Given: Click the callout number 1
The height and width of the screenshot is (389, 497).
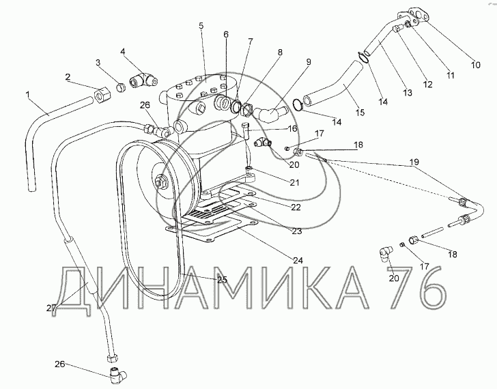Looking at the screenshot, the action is pyautogui.click(x=28, y=94).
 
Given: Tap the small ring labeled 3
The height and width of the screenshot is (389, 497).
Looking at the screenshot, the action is pyautogui.click(x=120, y=87).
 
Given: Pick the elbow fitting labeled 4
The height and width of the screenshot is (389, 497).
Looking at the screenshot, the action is pyautogui.click(x=143, y=80).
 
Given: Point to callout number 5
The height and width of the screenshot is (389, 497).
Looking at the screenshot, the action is pyautogui.click(x=201, y=25).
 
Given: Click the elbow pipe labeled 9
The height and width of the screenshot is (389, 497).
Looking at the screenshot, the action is pyautogui.click(x=271, y=113).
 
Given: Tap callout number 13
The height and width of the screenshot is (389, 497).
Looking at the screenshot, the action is pyautogui.click(x=408, y=93).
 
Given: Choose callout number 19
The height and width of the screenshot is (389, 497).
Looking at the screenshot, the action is pyautogui.click(x=414, y=162).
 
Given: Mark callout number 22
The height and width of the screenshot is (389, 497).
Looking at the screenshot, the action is pyautogui.click(x=296, y=207).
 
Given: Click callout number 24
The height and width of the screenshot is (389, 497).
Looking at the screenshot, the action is pyautogui.click(x=298, y=261).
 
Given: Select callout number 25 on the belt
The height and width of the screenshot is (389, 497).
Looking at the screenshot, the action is pyautogui.click(x=222, y=280).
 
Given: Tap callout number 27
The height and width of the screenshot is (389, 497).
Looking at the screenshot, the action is pyautogui.click(x=51, y=308).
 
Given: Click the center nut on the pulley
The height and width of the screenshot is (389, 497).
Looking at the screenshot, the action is pyautogui.click(x=160, y=182).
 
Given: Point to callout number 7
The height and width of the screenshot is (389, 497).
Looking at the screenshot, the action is pyautogui.click(x=250, y=41).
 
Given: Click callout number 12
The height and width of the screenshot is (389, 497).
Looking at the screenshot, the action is pyautogui.click(x=427, y=84).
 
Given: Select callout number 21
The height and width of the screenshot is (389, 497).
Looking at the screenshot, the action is pyautogui.click(x=294, y=182).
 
